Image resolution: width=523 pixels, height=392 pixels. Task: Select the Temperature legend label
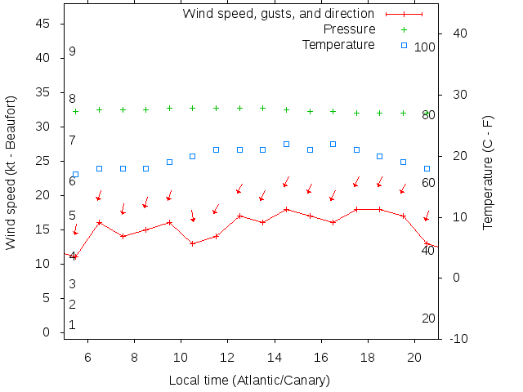338,44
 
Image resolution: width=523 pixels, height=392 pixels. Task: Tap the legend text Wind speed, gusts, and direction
278,14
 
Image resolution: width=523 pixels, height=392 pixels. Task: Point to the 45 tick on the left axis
46,24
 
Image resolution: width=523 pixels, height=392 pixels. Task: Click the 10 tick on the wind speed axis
46,264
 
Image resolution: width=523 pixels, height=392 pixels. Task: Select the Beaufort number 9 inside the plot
73,51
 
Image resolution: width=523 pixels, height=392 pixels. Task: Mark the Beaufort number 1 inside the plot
73,325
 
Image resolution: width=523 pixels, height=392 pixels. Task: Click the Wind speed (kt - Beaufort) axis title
11,172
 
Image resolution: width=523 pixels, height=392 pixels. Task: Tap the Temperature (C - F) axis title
488,172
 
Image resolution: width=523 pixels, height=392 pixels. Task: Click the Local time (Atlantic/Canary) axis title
249,381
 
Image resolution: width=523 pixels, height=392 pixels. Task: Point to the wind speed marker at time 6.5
99,222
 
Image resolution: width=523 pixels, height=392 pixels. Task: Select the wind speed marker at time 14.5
286,209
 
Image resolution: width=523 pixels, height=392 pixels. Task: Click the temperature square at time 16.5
333,144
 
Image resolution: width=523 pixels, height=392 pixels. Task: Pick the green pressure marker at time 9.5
169,108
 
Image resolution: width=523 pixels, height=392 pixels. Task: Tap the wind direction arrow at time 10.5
193,216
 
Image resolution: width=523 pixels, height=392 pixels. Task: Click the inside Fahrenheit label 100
425,47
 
